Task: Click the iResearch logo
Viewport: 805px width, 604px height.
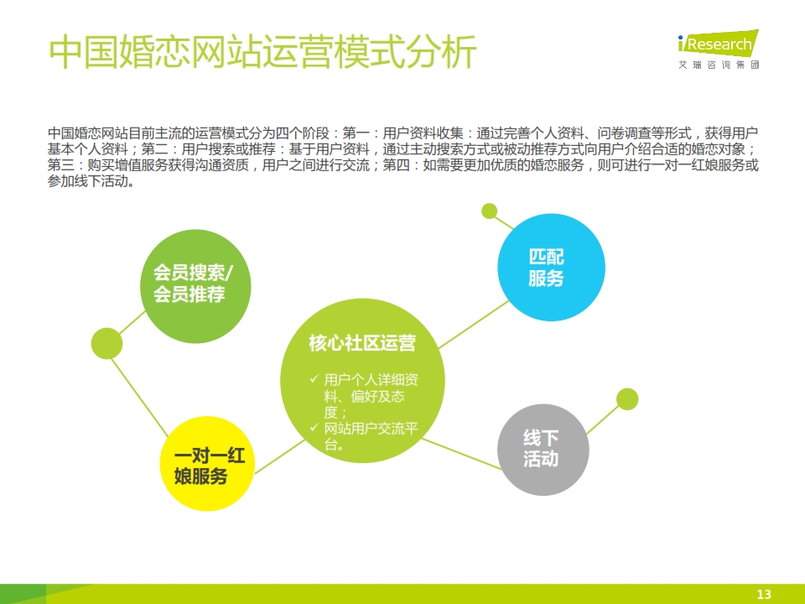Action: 718,49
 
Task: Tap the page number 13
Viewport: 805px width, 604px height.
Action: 764,594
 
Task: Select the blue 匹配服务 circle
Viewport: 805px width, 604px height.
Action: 551,267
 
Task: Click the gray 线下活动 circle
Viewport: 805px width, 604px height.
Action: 543,450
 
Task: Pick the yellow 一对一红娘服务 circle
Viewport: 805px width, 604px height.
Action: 207,464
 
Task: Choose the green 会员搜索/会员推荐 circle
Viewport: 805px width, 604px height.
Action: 195,286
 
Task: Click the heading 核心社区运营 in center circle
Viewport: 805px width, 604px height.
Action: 362,343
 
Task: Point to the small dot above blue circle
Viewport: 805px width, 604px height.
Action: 489,211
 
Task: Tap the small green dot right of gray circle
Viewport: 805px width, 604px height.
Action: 627,399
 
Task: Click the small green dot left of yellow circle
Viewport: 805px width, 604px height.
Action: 106,343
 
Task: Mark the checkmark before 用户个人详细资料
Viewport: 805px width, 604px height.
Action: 314,378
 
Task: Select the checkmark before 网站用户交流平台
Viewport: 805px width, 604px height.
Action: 314,427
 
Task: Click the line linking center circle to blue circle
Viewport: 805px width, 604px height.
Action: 473,325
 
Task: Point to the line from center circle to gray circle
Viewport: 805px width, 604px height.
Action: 461,454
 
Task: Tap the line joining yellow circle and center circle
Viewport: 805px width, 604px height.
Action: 280,456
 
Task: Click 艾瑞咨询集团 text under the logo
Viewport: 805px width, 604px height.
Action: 719,65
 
